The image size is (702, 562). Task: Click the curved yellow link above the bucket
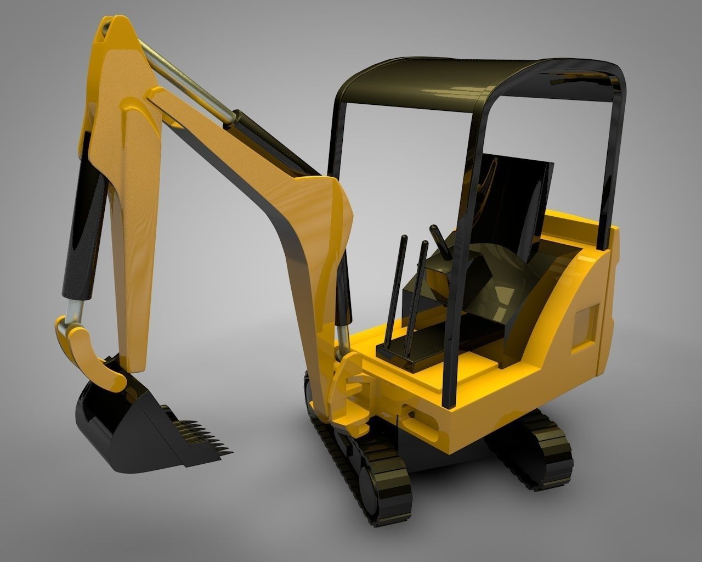click(x=88, y=351)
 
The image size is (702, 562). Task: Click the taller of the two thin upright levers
click(x=399, y=291)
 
